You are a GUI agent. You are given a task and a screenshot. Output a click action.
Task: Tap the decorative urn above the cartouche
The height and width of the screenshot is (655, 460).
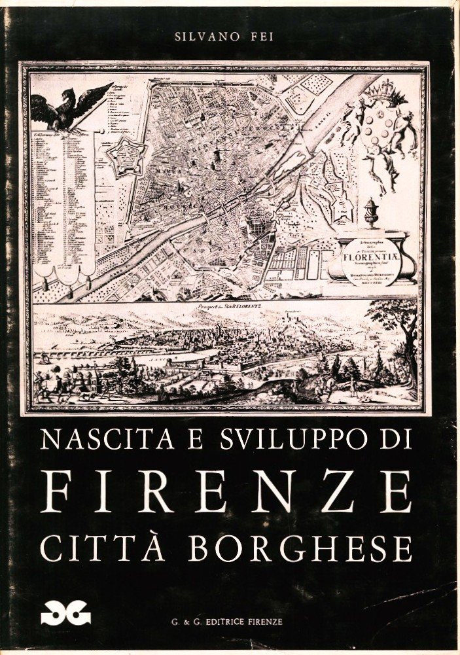372,214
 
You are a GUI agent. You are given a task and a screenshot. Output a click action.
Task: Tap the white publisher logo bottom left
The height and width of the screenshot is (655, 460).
65,614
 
